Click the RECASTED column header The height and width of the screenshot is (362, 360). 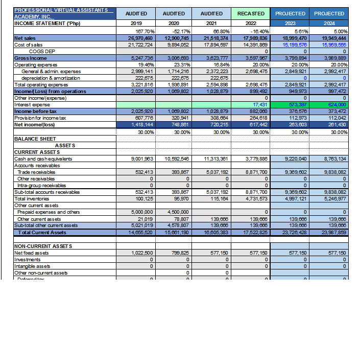[251, 13]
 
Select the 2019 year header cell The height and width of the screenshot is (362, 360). [136, 23]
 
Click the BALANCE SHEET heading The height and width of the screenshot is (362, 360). [35, 139]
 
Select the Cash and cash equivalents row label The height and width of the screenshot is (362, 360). [43, 159]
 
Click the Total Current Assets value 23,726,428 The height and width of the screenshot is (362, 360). [293, 233]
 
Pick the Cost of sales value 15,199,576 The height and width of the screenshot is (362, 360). [293, 44]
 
